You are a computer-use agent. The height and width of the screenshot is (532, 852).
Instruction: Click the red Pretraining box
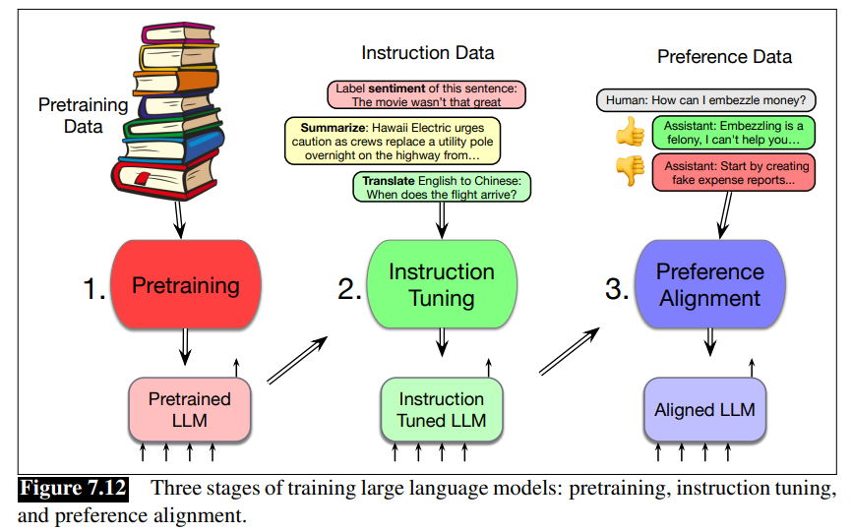tap(186, 285)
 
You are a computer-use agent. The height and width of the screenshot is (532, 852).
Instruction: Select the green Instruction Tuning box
tap(442, 284)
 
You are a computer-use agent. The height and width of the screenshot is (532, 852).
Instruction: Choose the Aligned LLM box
tap(704, 409)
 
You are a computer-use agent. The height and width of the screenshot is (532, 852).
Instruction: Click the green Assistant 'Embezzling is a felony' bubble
tap(733, 134)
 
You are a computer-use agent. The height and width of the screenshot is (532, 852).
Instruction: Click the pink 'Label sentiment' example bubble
tap(426, 94)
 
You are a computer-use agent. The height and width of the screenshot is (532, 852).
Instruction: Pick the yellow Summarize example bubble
tap(392, 141)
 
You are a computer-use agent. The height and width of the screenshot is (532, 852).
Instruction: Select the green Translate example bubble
tap(442, 187)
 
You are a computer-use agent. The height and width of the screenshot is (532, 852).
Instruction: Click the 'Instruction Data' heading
tap(428, 52)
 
